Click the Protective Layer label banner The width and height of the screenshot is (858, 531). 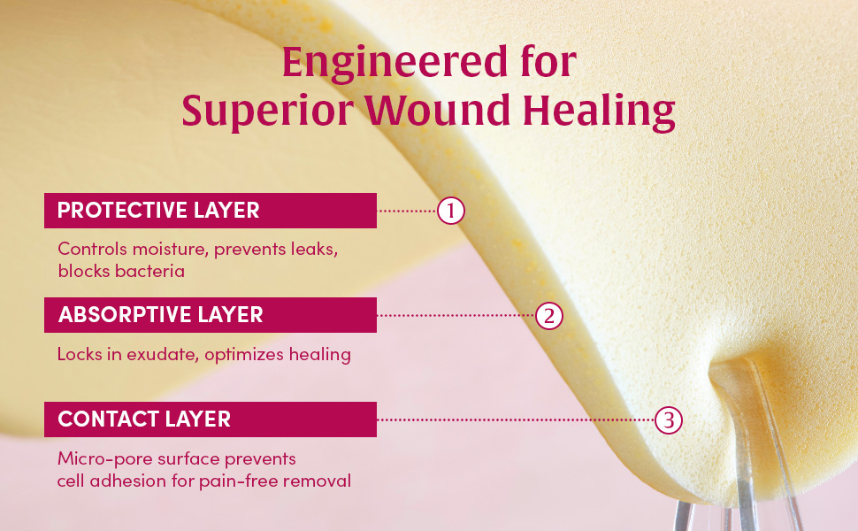211,211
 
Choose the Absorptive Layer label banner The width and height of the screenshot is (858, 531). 211,315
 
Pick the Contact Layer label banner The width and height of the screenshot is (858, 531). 211,419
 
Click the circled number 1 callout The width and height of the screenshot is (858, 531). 451,211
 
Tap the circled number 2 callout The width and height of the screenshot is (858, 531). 549,315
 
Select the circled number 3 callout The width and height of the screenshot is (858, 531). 669,420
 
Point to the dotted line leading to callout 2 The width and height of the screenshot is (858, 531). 456,315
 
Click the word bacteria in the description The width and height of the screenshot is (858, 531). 149,272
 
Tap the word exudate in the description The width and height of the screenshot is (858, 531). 165,355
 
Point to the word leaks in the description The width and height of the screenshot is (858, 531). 313,250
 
